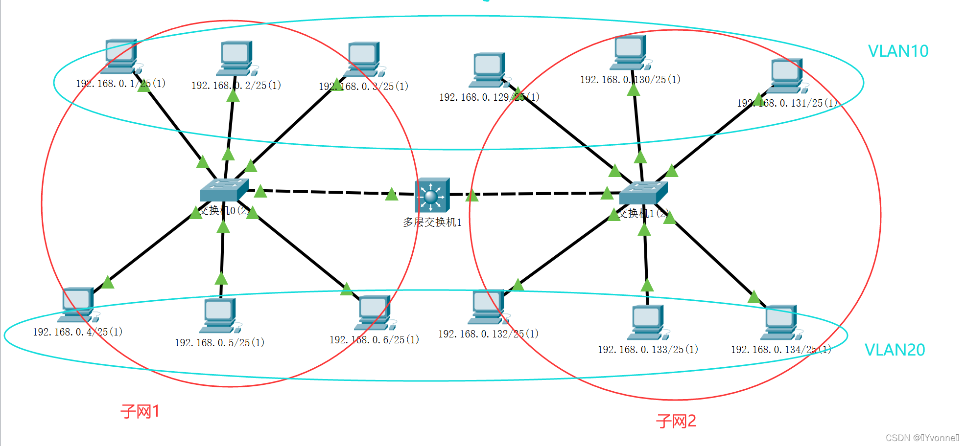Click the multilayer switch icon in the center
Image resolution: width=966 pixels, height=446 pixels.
(432, 195)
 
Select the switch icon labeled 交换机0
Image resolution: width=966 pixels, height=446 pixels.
(223, 190)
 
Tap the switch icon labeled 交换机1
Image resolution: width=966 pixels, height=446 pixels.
(643, 193)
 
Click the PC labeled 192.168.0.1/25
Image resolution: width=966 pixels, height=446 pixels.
(120, 56)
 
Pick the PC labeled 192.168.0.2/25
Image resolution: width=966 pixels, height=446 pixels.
(236, 58)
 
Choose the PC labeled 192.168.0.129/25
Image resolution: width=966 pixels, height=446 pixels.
(488, 70)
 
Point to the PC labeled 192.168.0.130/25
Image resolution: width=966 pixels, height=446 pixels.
(630, 52)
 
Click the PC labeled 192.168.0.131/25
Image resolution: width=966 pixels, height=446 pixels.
(786, 76)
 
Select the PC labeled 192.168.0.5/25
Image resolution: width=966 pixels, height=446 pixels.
(220, 315)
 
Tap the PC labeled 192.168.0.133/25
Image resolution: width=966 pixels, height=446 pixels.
(647, 322)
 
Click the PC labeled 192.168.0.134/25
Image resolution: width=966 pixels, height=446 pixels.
(780, 322)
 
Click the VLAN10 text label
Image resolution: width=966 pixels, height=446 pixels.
(898, 51)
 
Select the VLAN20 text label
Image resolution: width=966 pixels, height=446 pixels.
(895, 350)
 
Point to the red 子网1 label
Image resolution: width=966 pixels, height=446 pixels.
(140, 411)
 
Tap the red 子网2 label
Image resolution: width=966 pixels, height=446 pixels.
(676, 421)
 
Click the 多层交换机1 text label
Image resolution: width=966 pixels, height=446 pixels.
(432, 223)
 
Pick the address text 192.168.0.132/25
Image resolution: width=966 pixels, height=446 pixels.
(488, 334)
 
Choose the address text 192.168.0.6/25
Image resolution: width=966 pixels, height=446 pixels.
(374, 340)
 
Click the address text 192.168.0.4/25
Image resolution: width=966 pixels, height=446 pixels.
(77, 332)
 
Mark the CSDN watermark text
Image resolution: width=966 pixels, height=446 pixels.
(922, 438)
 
